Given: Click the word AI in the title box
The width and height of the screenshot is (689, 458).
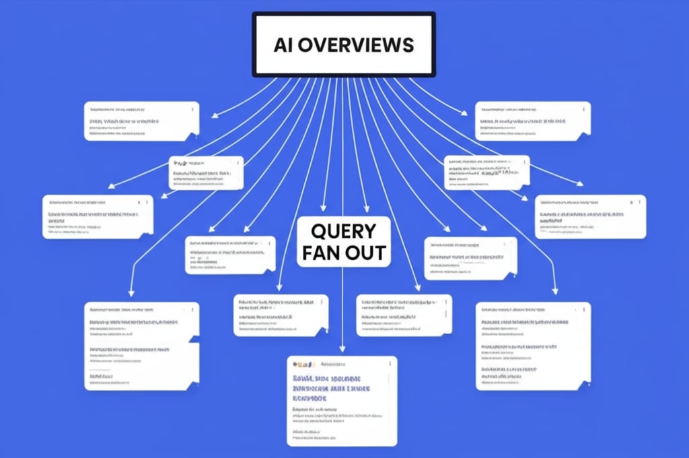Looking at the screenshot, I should (x=285, y=44).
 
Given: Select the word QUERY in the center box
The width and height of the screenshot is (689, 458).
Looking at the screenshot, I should (x=343, y=231).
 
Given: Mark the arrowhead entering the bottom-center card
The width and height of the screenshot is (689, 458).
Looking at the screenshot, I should (x=342, y=350).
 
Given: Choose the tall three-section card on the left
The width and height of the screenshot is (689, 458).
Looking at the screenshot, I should (x=141, y=346).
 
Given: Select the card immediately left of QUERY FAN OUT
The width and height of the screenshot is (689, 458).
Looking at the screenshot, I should (x=230, y=255).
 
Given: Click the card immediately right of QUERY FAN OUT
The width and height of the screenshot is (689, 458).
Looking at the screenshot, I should (x=470, y=258).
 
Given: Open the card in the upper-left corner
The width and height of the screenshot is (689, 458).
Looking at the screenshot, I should (x=141, y=121).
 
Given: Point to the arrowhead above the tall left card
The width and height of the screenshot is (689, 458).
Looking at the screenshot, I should (x=131, y=294).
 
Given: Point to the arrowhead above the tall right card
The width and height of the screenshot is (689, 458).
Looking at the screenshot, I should (x=555, y=291).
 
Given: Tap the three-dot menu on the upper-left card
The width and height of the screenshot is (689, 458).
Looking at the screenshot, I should (x=192, y=108).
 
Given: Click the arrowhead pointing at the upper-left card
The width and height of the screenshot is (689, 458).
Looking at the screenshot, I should (x=215, y=116).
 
